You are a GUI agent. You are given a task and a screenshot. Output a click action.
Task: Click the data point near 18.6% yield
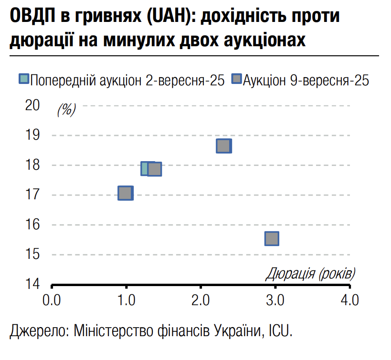(223, 146)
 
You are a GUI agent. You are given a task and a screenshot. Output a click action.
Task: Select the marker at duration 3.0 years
(272, 238)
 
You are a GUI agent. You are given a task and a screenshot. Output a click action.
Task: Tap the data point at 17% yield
(126, 193)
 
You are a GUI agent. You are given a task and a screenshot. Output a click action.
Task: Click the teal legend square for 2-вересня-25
(24, 80)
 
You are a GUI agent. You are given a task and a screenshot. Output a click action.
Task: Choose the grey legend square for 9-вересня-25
(236, 80)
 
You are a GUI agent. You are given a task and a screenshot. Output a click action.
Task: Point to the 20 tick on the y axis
(33, 105)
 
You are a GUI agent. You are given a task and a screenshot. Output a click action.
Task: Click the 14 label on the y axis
(33, 284)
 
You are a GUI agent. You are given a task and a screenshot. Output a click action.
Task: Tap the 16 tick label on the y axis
(33, 225)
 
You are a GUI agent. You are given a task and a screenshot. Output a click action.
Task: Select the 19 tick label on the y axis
(33, 135)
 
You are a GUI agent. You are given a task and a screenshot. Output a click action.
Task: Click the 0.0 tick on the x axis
(51, 301)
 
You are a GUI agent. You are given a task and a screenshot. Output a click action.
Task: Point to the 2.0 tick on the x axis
(201, 301)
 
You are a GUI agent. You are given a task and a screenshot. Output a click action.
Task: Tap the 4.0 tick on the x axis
(350, 301)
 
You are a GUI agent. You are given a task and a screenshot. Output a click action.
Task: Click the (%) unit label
(66, 110)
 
